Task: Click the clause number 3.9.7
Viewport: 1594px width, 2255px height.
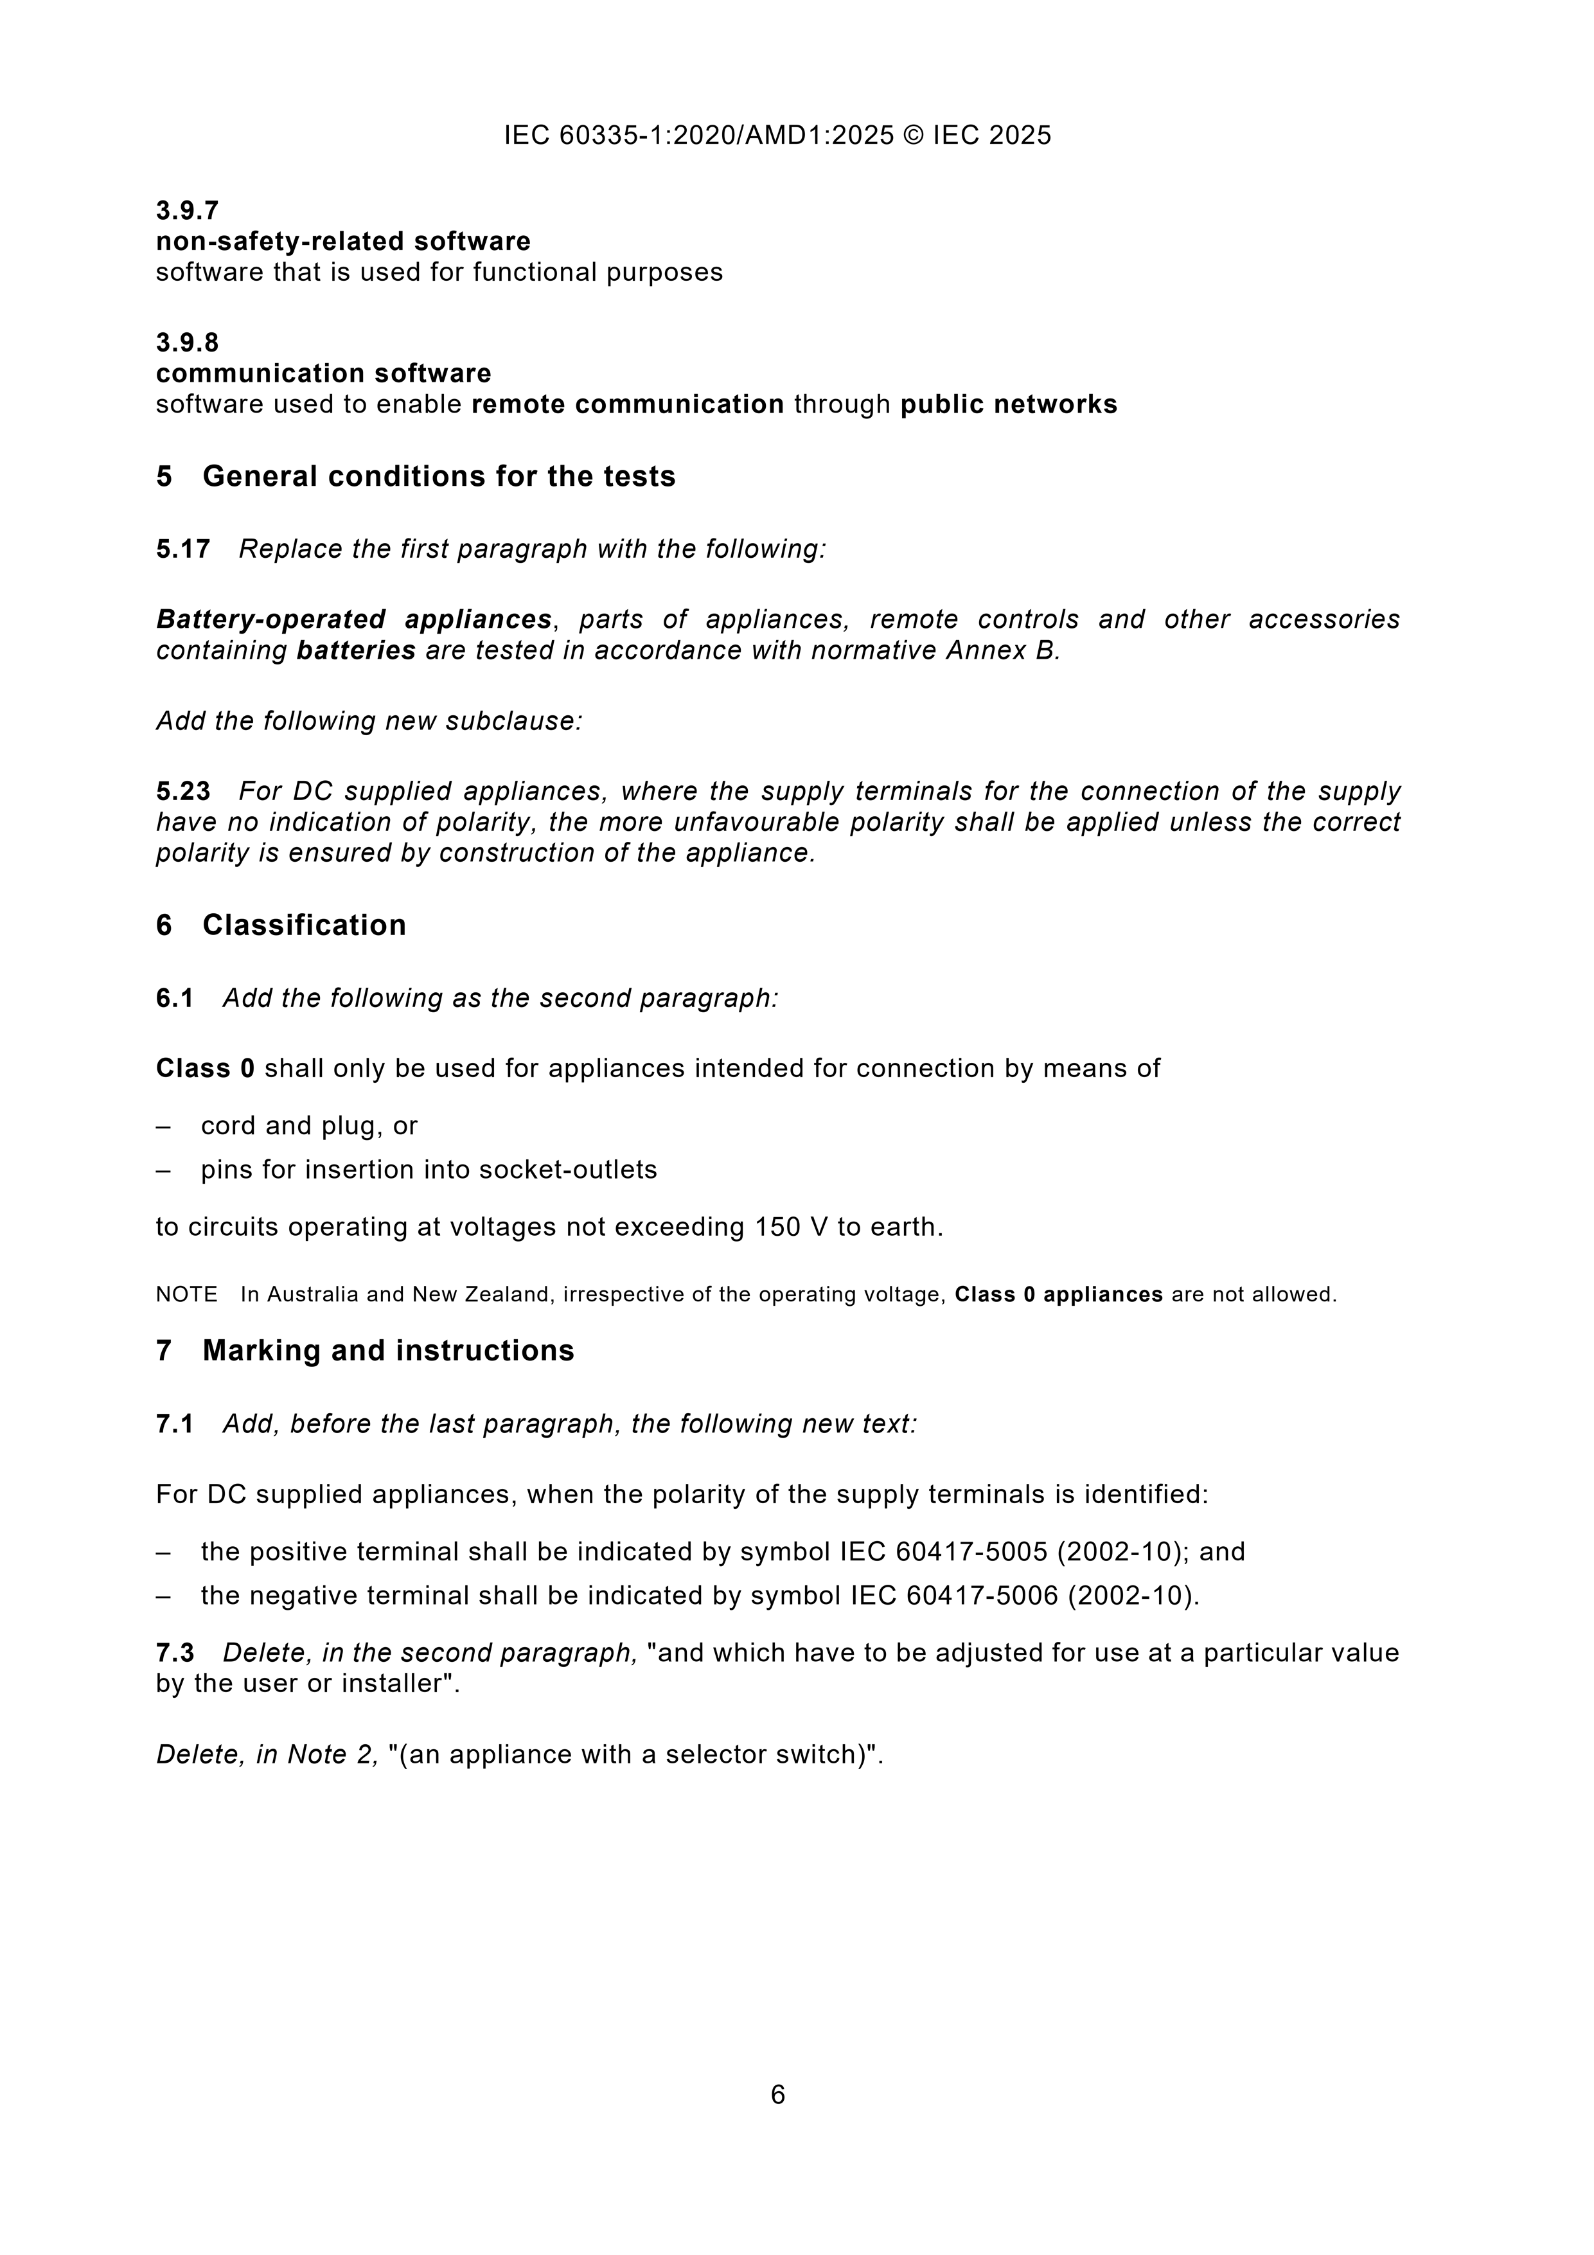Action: [x=186, y=210]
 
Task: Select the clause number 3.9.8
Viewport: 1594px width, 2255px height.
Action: [x=186, y=342]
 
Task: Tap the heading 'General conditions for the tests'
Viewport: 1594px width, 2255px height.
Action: [x=438, y=476]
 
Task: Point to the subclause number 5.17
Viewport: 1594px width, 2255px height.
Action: [x=182, y=548]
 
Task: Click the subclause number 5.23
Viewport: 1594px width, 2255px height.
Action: [x=182, y=790]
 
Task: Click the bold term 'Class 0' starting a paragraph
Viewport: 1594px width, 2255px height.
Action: [x=205, y=1067]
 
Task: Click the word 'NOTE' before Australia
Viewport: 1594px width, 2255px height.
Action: [x=186, y=1294]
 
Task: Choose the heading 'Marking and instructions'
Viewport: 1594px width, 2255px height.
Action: [x=388, y=1350]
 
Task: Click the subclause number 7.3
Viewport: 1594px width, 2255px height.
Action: [x=175, y=1653]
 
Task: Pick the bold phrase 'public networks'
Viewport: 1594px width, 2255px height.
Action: [x=1009, y=405]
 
